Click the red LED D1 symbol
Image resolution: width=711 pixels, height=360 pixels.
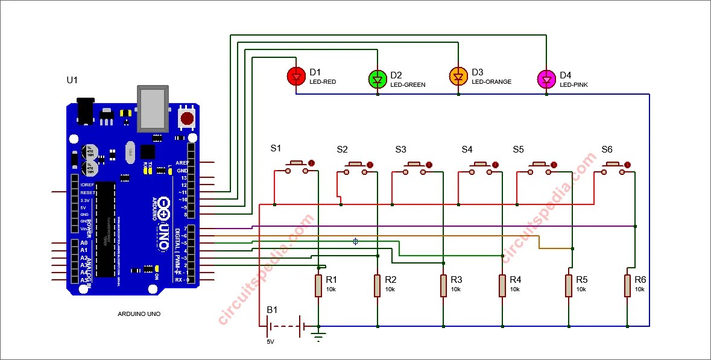(x=295, y=76)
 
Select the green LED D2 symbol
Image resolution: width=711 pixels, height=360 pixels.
(x=377, y=79)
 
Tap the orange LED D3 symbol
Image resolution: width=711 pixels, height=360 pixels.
(x=458, y=76)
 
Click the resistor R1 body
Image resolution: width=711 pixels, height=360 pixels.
(x=318, y=286)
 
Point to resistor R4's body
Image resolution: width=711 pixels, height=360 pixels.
(x=502, y=286)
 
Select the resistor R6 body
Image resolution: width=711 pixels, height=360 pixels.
(x=627, y=286)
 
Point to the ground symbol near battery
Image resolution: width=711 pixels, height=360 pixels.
(x=319, y=336)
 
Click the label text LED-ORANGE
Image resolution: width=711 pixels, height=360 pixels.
(x=491, y=81)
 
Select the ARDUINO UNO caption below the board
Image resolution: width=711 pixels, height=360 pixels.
(x=139, y=314)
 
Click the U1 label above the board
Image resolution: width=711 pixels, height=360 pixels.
(x=72, y=80)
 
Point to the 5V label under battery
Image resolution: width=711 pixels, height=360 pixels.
(x=270, y=342)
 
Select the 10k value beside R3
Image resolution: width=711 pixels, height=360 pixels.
(x=455, y=289)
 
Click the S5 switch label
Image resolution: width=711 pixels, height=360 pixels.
(x=519, y=149)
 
